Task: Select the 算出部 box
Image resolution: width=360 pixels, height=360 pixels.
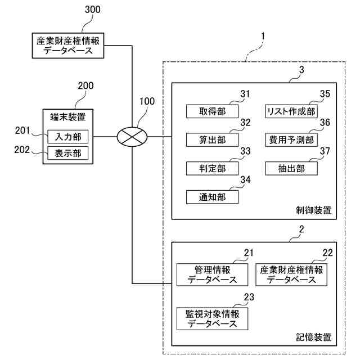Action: pos(211,139)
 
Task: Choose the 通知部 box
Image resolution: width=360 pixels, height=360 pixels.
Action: pos(211,197)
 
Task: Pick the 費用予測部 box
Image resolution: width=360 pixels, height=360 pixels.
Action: pos(291,139)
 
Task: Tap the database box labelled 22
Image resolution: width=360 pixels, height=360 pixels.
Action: pos(291,274)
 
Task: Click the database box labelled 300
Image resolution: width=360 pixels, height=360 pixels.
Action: pos(69,45)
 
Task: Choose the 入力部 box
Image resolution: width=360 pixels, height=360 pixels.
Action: pos(67,137)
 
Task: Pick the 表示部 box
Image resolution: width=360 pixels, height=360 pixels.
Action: pos(67,154)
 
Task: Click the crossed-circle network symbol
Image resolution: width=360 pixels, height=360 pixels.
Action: pos(132,137)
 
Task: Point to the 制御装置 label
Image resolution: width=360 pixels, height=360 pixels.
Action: pos(313,211)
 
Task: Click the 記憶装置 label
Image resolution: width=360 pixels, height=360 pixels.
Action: pos(313,337)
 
